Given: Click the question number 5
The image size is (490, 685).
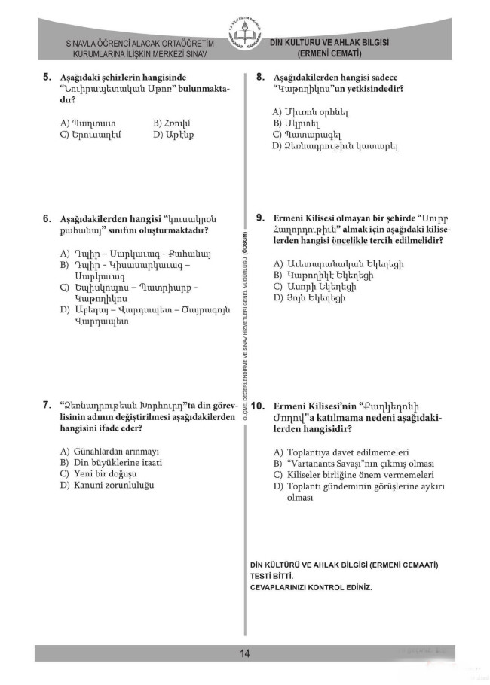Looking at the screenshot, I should click(47, 77).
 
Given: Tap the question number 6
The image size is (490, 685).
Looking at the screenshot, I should click(47, 219).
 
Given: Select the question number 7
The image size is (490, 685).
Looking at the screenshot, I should click(47, 405).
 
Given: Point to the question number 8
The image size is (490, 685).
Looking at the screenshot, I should click(260, 77).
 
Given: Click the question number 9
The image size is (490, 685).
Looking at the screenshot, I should click(260, 218).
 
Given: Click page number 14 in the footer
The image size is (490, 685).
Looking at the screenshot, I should click(245, 653).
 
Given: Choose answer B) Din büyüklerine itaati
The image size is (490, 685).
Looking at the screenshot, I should click(110, 462).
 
